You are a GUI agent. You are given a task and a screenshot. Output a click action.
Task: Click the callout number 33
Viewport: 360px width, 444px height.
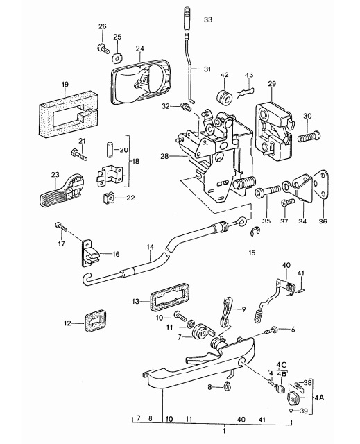click(x=207, y=19)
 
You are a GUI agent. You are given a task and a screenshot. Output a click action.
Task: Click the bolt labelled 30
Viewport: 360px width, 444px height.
click(x=309, y=137)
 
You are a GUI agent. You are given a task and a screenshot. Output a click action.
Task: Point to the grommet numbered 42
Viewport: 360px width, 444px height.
click(x=225, y=96)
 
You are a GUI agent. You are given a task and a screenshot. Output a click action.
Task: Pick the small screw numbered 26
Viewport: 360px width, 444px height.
click(x=103, y=49)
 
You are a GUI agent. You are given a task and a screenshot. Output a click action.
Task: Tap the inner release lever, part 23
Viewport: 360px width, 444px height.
click(x=61, y=189)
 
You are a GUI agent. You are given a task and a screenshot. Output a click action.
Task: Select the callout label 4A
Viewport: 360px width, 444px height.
click(x=319, y=398)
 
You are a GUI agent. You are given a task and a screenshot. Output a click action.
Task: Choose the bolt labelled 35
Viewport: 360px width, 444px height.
click(x=268, y=193)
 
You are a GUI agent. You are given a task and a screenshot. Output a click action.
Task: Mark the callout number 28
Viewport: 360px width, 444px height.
click(x=164, y=156)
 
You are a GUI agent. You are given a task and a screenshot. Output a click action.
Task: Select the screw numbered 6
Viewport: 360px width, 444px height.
click(x=271, y=330)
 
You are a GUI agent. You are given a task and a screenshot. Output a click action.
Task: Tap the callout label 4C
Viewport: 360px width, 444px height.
click(x=282, y=365)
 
